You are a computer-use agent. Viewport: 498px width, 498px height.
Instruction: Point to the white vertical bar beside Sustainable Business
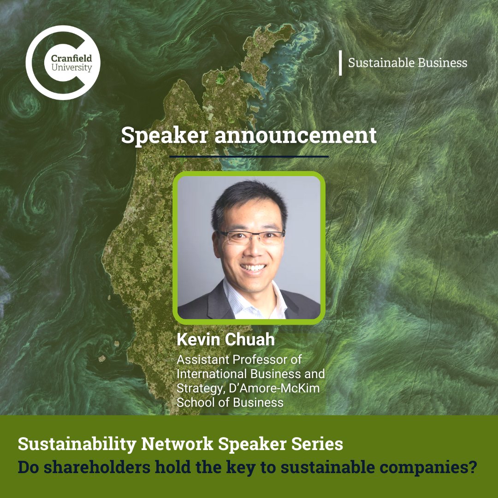click(x=340, y=63)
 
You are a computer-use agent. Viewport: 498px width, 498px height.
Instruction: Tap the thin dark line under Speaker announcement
click(x=249, y=157)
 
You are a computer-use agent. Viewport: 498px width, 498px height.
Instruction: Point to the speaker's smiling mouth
click(x=253, y=267)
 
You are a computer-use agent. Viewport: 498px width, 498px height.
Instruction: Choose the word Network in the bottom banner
click(x=177, y=444)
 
